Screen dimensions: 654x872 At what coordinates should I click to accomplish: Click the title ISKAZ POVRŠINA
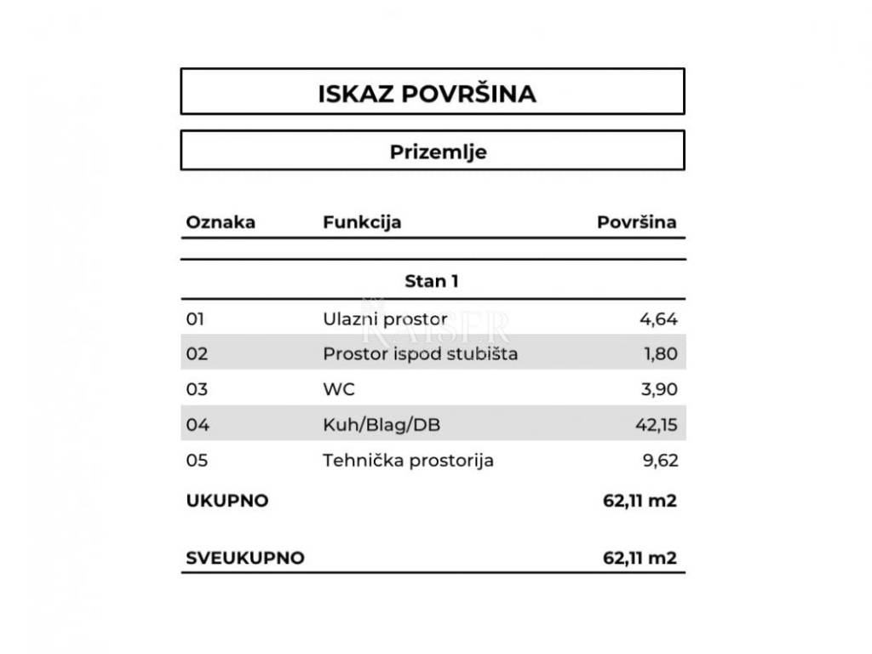pos(427,93)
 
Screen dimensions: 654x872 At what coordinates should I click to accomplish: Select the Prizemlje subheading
pos(438,152)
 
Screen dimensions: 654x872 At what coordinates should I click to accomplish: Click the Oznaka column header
pos(221,222)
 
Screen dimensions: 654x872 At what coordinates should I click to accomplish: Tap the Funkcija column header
pos(362,222)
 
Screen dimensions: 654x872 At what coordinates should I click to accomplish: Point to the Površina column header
pos(636,222)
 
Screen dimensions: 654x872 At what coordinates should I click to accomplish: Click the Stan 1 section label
pos(431,281)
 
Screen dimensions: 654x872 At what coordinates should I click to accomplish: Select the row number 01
pos(196,319)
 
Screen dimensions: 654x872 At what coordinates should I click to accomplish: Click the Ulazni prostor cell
pos(385,319)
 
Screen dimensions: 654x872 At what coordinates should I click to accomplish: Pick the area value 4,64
pos(658,319)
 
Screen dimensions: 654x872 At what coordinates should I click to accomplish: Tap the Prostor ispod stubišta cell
pos(420,353)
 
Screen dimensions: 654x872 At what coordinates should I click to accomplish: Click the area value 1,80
pos(660,353)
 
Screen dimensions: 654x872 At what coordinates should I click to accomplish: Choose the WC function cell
pos(339,389)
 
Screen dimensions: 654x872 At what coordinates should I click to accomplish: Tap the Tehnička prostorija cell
pos(408,461)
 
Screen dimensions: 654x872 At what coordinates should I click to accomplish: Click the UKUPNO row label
pos(227,501)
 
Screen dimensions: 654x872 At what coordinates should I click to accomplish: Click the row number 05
pos(196,461)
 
